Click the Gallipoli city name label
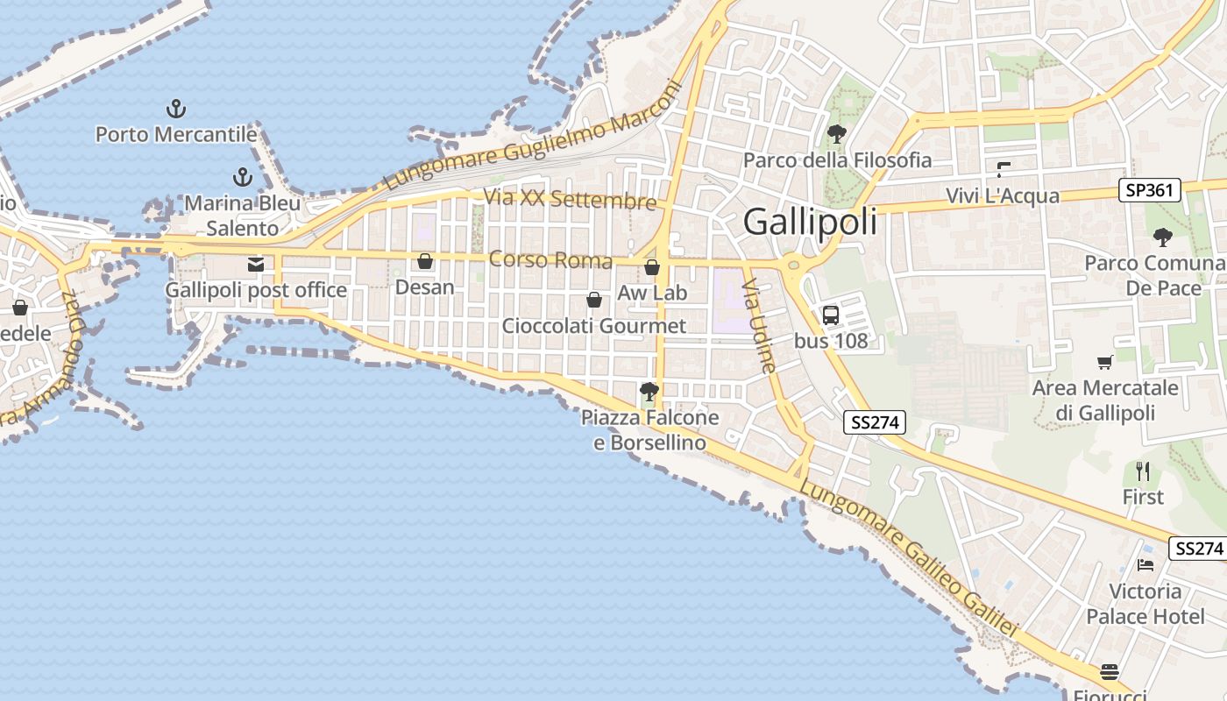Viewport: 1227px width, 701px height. click(x=810, y=222)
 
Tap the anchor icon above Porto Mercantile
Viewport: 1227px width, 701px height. click(x=176, y=110)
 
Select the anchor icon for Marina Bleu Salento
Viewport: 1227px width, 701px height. click(x=243, y=177)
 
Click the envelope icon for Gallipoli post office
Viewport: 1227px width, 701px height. click(x=256, y=264)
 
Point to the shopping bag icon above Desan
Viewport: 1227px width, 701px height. click(x=425, y=261)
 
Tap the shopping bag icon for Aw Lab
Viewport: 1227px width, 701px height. click(x=652, y=267)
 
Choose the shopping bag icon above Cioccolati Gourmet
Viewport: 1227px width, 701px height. click(x=594, y=301)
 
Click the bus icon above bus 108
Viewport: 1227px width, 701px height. click(x=831, y=315)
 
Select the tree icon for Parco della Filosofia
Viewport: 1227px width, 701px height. click(x=837, y=134)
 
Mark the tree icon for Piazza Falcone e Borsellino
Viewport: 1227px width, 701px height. click(x=649, y=392)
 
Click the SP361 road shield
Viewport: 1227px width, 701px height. click(x=1150, y=190)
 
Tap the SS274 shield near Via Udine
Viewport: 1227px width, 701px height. click(x=875, y=422)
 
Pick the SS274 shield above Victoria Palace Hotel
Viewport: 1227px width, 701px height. click(x=1198, y=549)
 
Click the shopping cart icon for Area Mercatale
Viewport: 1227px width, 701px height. click(x=1105, y=362)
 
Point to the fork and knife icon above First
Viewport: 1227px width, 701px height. click(x=1143, y=471)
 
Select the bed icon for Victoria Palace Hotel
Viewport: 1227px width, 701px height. click(x=1145, y=565)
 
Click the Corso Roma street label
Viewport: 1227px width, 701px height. click(x=550, y=259)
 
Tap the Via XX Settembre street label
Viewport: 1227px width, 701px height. click(x=570, y=198)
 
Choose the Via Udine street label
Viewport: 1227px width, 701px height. click(x=759, y=326)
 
